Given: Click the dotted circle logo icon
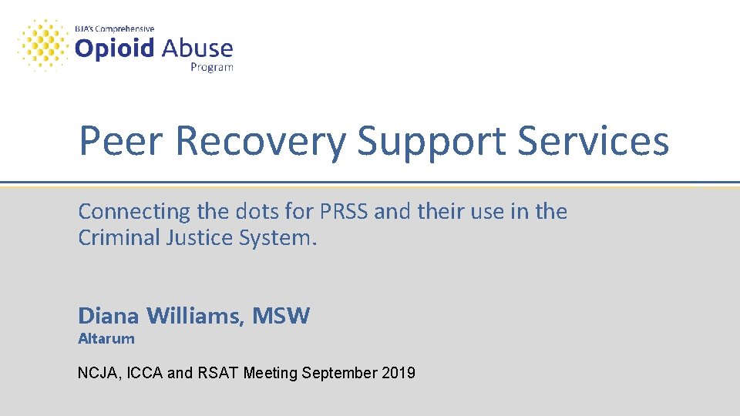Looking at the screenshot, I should [42, 45].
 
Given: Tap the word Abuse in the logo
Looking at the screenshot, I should [197, 49].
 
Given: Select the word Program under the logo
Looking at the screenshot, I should [212, 67].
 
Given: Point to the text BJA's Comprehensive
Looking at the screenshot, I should [114, 29].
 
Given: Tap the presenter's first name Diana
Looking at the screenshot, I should [109, 315].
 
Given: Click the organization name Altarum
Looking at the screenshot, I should [106, 337].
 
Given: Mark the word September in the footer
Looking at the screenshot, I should [338, 374].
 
